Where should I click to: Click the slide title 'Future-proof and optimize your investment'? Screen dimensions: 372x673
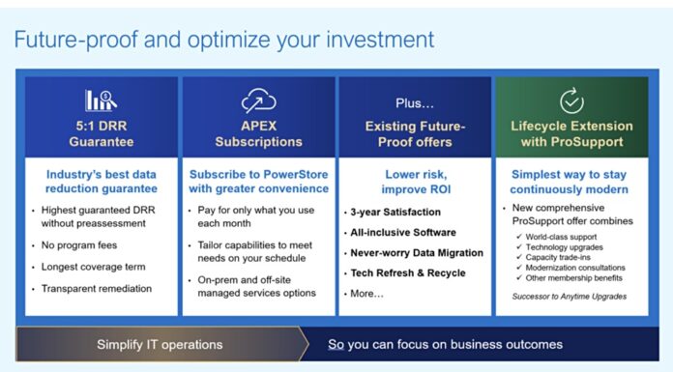(x=223, y=40)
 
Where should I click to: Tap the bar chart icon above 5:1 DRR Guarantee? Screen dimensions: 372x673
(x=101, y=100)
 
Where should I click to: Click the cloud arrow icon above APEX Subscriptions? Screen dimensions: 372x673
(x=258, y=100)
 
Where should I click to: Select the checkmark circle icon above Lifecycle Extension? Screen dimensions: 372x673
(x=571, y=100)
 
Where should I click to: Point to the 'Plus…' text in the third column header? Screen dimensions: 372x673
(x=415, y=102)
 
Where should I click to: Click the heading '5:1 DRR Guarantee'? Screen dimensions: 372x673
(x=101, y=133)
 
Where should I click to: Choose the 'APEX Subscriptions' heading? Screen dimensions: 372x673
(x=258, y=133)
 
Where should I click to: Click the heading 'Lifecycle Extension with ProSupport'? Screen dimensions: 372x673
(x=571, y=133)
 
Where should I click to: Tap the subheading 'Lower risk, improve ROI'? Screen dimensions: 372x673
(x=415, y=181)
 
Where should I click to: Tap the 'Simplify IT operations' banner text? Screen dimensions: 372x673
(x=159, y=344)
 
